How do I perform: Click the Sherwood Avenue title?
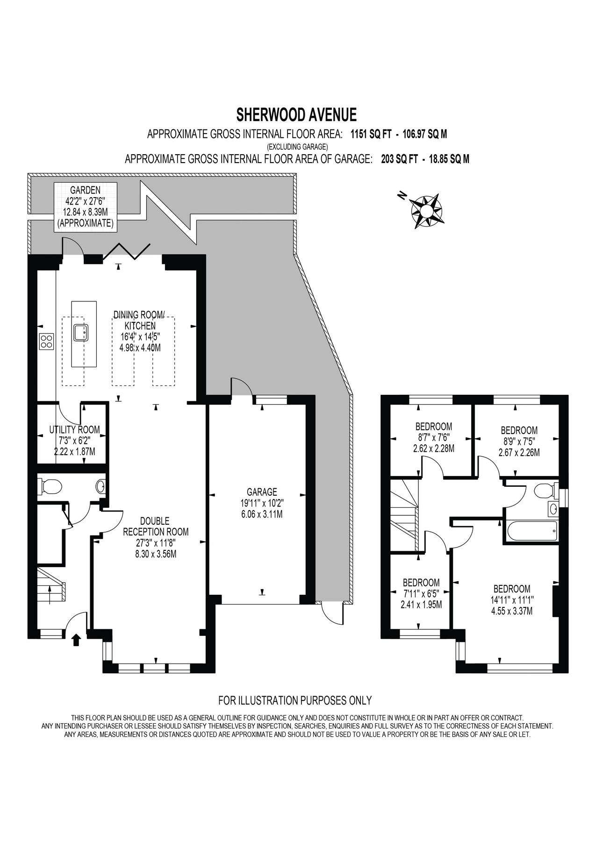[x=297, y=114]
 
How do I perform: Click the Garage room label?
[x=262, y=503]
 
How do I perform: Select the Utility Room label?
[x=75, y=441]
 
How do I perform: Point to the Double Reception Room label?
[x=156, y=537]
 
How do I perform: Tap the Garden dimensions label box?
[x=85, y=206]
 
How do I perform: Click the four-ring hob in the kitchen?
[x=47, y=342]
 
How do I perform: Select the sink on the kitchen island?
[x=80, y=332]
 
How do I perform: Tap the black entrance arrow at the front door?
[x=76, y=639]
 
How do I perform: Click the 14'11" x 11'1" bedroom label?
[x=512, y=600]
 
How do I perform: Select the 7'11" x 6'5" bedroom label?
[x=421, y=593]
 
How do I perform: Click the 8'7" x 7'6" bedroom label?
[x=434, y=437]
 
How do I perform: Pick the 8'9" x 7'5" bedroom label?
[x=519, y=441]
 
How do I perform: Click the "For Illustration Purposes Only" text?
[x=295, y=700]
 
